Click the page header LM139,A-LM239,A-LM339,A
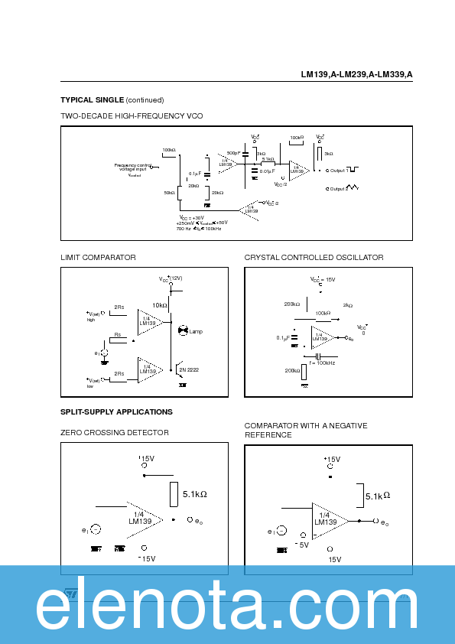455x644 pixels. click(x=356, y=75)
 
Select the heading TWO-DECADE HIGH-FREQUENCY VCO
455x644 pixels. click(x=132, y=115)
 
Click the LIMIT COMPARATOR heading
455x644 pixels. click(x=98, y=257)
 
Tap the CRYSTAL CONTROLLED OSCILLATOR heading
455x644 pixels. click(x=314, y=257)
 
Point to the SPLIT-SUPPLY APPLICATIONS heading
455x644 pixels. click(x=116, y=411)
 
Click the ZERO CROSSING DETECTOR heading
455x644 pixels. click(x=115, y=432)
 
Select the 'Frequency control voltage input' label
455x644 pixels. click(x=132, y=168)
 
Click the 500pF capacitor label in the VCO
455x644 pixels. click(x=233, y=153)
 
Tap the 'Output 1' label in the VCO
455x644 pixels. click(x=337, y=170)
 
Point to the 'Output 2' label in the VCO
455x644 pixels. click(x=337, y=188)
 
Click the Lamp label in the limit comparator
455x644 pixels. click(x=196, y=331)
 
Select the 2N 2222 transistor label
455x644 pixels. click(x=189, y=369)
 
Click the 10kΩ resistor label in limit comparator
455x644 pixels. click(x=159, y=304)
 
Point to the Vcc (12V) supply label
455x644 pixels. click(x=171, y=278)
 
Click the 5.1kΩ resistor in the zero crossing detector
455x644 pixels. click(x=194, y=494)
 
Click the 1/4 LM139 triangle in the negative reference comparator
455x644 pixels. click(x=326, y=519)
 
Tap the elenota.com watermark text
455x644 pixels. click(x=227, y=608)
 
